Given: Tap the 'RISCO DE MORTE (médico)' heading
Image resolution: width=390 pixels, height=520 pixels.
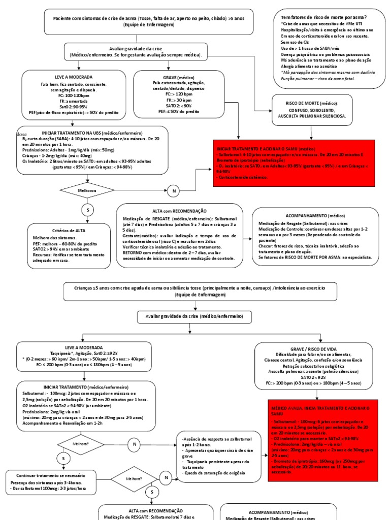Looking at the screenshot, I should pyautogui.click(x=312, y=103).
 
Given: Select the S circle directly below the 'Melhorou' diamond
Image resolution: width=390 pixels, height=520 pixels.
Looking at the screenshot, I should pyautogui.click(x=87, y=210).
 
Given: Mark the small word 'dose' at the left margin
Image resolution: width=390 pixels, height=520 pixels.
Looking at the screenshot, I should pyautogui.click(x=21, y=135).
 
